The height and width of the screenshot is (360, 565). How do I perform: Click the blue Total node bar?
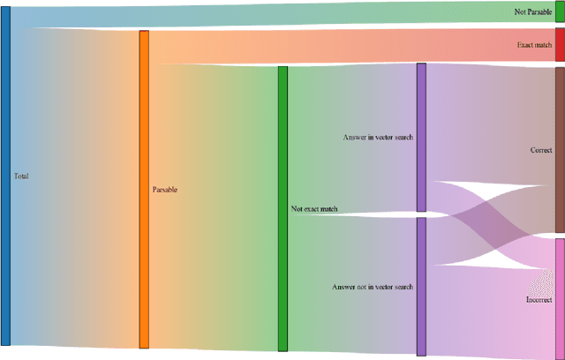point(5,176)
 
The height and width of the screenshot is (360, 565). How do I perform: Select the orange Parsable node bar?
point(144,190)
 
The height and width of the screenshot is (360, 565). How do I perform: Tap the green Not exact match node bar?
point(282,208)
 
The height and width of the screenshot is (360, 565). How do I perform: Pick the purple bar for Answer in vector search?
point(421,137)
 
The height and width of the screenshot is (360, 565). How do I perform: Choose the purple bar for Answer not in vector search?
point(421,286)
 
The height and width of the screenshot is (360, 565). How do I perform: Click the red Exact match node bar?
point(560,44)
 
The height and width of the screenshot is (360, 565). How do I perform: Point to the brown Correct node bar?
point(560,150)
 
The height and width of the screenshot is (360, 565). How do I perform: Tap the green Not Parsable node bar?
point(560,12)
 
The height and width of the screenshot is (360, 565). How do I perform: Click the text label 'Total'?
point(21,176)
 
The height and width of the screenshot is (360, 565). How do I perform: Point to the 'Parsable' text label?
point(165,190)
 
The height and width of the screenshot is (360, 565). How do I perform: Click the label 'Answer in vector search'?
point(378,138)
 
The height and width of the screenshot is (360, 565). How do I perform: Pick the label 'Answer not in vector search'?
point(373,287)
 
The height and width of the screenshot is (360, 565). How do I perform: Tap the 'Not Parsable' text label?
point(533,12)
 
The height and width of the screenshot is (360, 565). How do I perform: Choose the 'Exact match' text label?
point(535,44)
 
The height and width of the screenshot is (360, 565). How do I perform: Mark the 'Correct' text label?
point(540,150)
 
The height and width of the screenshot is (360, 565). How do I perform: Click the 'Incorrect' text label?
point(539,299)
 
